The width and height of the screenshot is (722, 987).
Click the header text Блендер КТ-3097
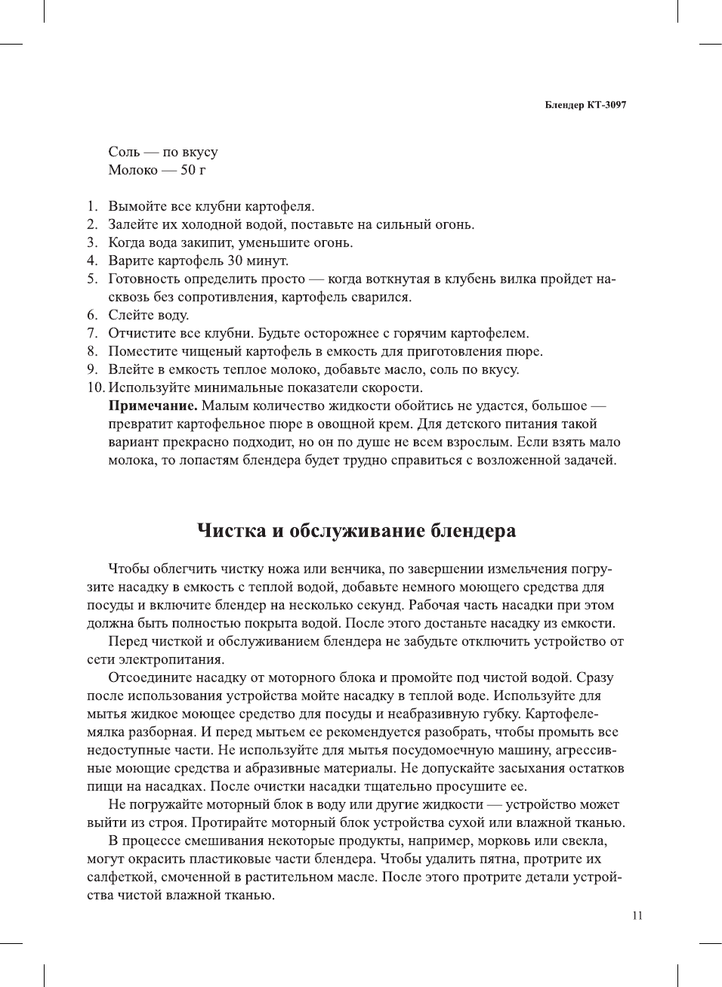pos(585,105)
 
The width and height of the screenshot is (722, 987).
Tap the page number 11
pos(637,916)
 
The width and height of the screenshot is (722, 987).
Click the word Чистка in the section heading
pos(231,530)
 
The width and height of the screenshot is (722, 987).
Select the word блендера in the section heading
pos(474,530)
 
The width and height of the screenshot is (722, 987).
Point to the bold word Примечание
pos(153,406)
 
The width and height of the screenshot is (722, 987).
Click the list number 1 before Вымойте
pos(91,206)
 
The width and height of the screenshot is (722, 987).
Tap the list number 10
pos(95,387)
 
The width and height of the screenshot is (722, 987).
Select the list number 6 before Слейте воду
pos(91,315)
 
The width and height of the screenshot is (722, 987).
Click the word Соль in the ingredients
pos(124,152)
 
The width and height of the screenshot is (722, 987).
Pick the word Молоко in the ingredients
pos(133,170)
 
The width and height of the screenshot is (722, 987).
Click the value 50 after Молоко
pos(188,170)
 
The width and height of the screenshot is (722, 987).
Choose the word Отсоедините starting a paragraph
pos(153,677)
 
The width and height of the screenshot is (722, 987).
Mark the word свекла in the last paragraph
pos(582,840)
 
